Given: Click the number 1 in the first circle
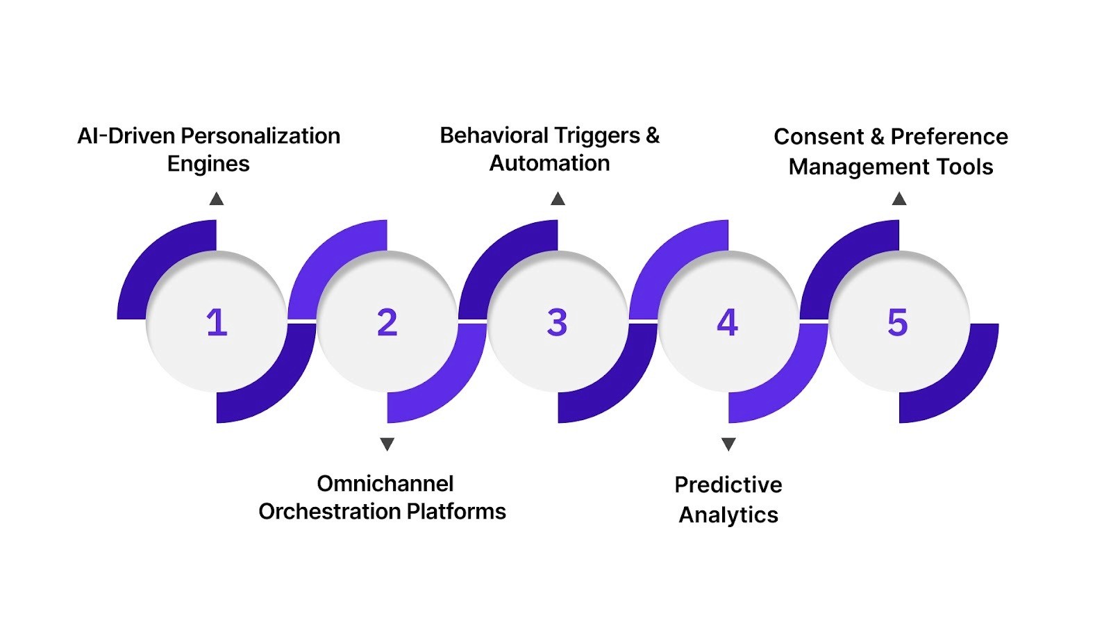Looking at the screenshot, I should pos(217,323).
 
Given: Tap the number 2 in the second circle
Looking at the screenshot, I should pos(387,323).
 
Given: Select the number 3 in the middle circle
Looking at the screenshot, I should pos(557,323).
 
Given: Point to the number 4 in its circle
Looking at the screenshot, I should pos(727,323).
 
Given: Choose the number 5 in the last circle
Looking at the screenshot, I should pos(897,323).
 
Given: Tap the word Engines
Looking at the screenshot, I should pos(208,164).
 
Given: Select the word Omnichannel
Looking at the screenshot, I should pos(385,483).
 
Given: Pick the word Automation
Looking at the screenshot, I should pos(549,163).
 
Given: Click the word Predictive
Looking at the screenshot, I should pos(728,485).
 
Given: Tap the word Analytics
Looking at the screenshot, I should pos(728,515).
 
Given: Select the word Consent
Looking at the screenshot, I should pos(819,137).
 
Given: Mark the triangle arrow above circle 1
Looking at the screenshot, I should pos(217,199).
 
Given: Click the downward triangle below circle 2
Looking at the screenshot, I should pos(387,444).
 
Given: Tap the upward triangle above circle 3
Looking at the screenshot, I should pos(558,199).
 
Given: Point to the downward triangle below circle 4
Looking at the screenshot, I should pos(728,444).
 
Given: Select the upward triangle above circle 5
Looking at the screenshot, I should pos(899,199).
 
